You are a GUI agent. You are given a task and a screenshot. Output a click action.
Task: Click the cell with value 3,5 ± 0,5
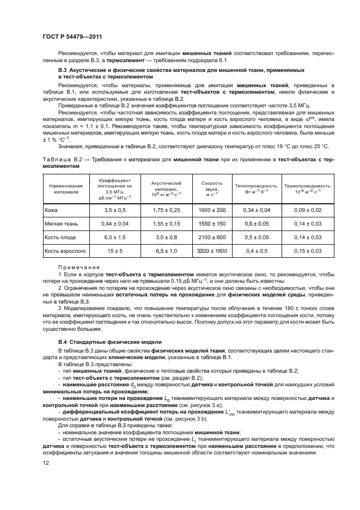click(x=115, y=209)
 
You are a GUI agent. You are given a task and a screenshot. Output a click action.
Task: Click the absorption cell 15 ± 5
click(x=115, y=250)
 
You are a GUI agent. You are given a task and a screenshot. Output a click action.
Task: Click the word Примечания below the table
click(x=78, y=266)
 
